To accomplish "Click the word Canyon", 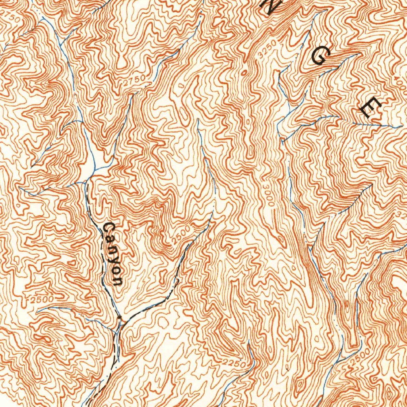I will tap(112, 254).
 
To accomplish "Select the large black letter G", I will tap(320, 58).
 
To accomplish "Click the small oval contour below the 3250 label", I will tap(244, 72).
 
